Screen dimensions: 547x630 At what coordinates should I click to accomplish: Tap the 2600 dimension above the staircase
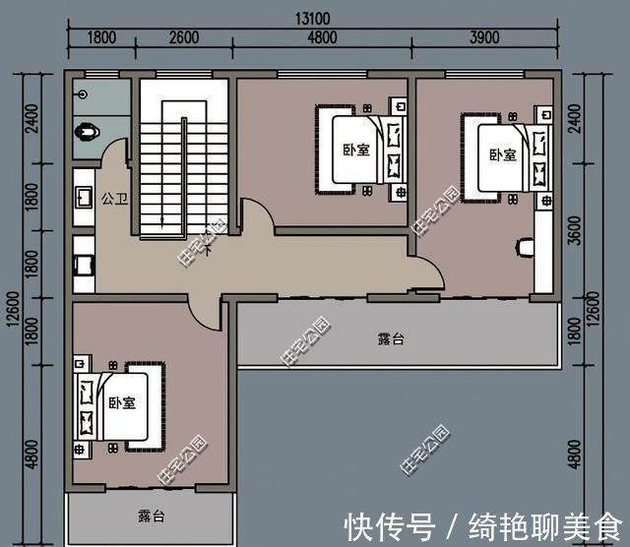coord(184,38)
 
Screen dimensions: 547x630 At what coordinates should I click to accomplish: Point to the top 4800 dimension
coord(322,38)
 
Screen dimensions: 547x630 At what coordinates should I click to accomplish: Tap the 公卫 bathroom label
coord(112,198)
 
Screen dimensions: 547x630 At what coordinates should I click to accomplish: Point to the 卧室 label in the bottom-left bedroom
coord(122,403)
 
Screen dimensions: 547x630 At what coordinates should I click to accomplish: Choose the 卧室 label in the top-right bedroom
coord(503,154)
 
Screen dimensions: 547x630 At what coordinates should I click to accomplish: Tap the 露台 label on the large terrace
coord(391,339)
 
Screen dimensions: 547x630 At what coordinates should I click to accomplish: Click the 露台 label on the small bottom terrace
coord(152,516)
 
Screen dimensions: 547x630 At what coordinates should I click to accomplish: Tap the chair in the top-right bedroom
coord(525,245)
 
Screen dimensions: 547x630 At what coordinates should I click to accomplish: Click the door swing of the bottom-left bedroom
coord(205,314)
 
